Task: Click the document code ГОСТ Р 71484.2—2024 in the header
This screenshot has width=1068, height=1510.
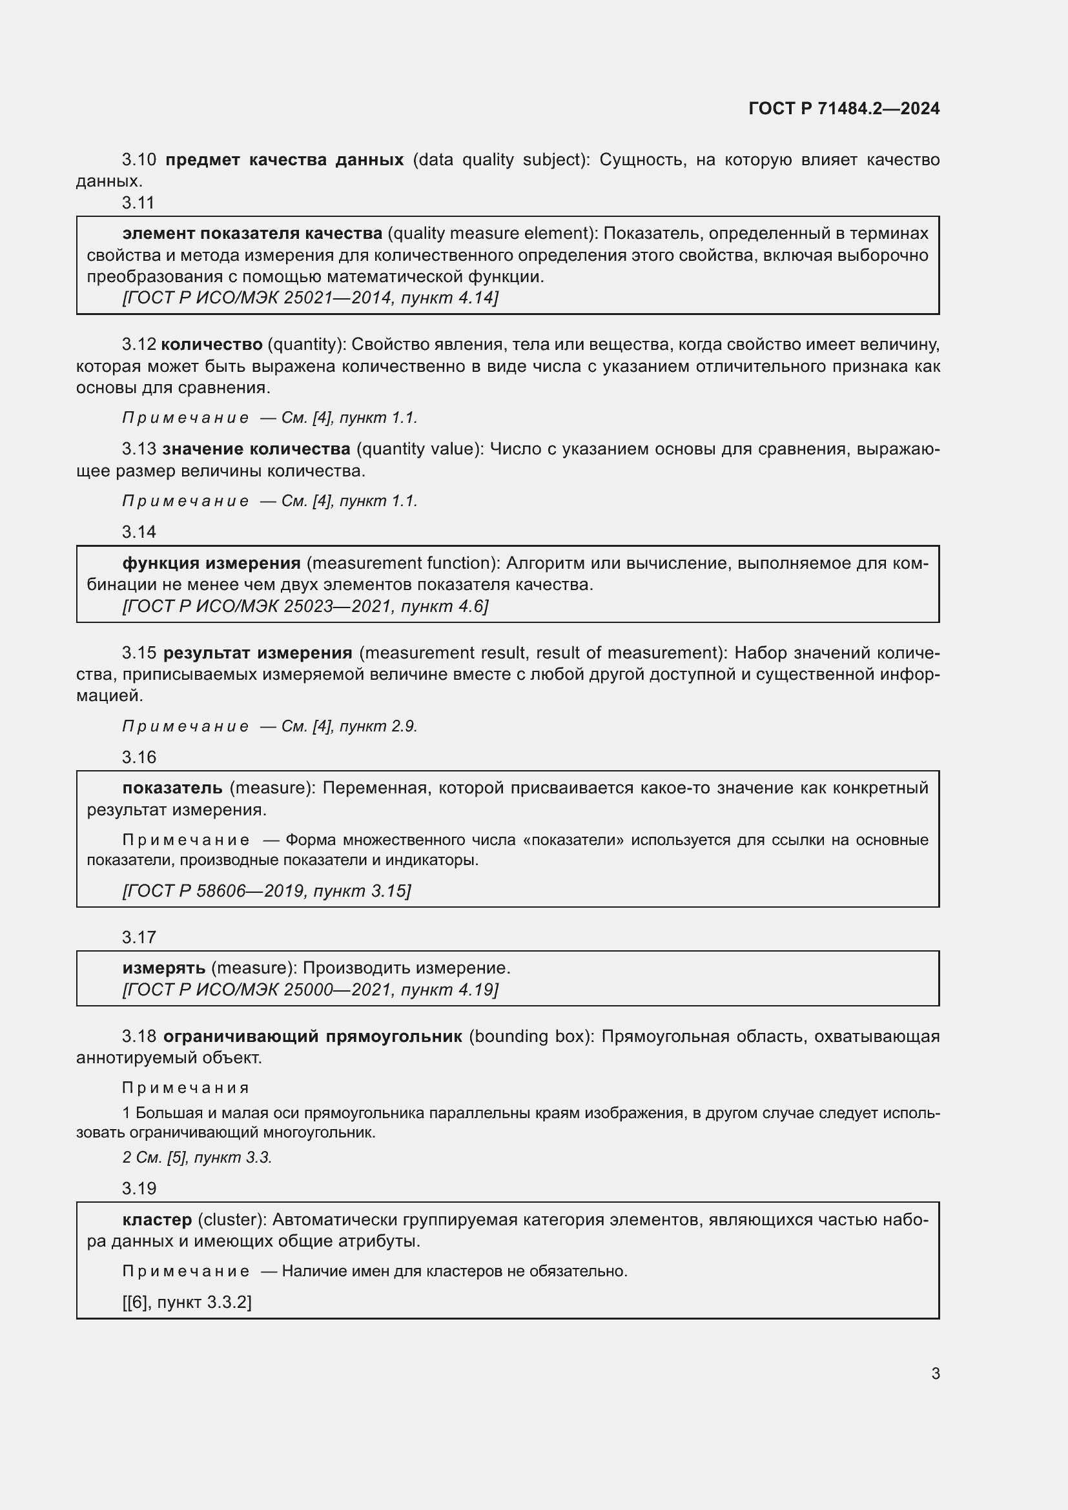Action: coord(844,108)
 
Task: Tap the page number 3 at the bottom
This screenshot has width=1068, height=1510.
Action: coord(935,1373)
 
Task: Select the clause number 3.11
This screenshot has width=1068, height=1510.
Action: coord(138,203)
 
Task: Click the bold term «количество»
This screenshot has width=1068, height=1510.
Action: coord(211,345)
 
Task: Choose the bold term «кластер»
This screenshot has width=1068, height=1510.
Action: coord(157,1220)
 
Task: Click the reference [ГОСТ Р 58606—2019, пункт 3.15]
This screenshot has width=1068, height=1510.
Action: coord(266,891)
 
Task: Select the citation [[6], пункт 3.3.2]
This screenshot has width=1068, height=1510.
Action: coord(187,1302)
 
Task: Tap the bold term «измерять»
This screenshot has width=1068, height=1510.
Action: coord(164,968)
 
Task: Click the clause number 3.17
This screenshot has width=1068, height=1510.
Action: coord(138,937)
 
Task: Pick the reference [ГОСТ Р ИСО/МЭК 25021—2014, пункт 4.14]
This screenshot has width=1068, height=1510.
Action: coord(311,298)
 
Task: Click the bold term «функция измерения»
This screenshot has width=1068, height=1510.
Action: coord(211,564)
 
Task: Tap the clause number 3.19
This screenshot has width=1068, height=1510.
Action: coord(138,1189)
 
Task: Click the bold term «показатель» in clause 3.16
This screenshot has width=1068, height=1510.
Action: coord(172,788)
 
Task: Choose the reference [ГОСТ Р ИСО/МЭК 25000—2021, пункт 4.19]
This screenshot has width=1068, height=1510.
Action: coord(311,990)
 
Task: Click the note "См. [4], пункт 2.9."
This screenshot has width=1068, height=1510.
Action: coord(349,727)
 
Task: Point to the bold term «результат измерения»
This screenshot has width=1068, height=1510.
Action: coord(258,653)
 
